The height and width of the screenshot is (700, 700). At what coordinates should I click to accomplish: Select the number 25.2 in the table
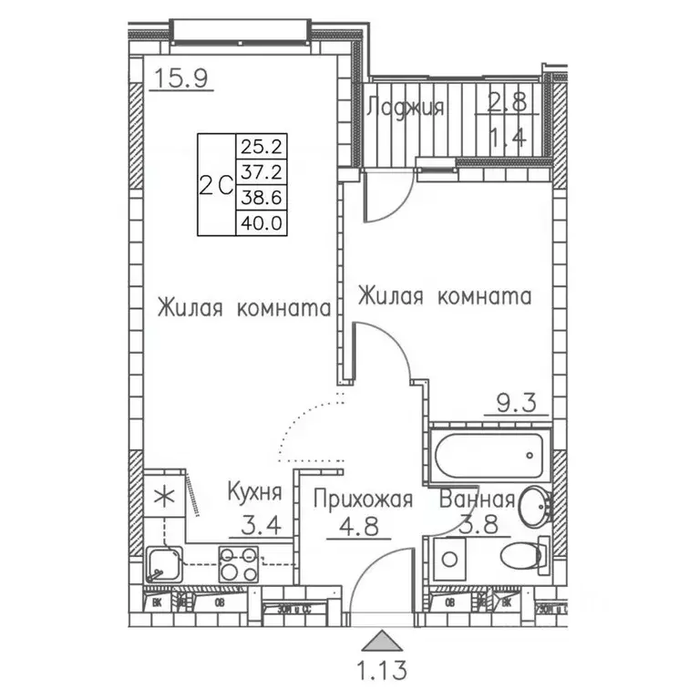(x=259, y=144)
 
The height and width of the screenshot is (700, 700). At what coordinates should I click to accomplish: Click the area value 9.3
(x=516, y=401)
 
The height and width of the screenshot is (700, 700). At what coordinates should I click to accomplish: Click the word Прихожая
(x=364, y=499)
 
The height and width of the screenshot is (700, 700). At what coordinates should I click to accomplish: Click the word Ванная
(x=478, y=499)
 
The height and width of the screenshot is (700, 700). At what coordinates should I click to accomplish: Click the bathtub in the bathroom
(x=489, y=454)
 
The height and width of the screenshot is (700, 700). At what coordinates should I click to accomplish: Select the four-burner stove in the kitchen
(x=238, y=562)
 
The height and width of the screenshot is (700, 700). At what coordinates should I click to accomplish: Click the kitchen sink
(x=165, y=565)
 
